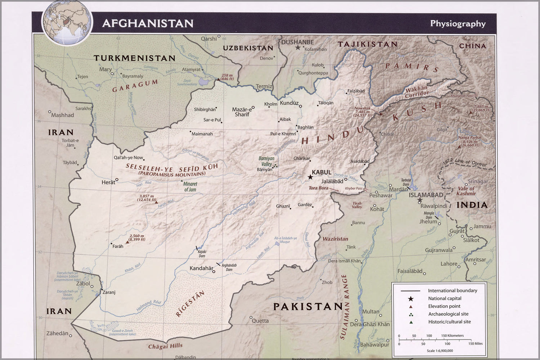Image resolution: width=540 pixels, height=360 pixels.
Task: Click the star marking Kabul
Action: [x=310, y=177]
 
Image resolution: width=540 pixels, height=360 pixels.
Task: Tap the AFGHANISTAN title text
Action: [x=148, y=23]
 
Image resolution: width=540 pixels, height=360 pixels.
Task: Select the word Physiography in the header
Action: [x=458, y=24]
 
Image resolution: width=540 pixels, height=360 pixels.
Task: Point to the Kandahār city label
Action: [x=201, y=268]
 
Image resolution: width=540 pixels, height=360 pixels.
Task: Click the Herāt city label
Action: [x=108, y=183]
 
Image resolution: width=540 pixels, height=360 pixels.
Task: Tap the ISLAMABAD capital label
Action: [x=426, y=195]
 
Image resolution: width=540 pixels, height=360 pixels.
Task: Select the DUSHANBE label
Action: [x=297, y=42]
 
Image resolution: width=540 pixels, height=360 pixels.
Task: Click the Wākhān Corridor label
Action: [x=417, y=92]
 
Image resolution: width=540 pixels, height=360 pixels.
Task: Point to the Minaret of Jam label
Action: [x=190, y=186]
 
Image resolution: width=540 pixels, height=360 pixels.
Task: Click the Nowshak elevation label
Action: [x=362, y=112]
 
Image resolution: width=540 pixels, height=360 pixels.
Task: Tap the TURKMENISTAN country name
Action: [x=134, y=58]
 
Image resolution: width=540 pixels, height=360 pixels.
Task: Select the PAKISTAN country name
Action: [x=308, y=306]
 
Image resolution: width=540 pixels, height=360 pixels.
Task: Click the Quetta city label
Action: [x=260, y=321]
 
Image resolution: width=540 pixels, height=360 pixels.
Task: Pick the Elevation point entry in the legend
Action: [x=444, y=306]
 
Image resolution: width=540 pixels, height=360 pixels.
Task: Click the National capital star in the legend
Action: [x=410, y=298]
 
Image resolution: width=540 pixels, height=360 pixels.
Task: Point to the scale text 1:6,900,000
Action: [x=439, y=351]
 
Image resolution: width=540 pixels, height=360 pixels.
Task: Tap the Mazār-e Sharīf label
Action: [x=242, y=112]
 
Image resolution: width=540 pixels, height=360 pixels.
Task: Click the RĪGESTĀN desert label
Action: [x=190, y=304]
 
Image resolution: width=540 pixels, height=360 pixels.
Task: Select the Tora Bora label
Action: [x=318, y=188]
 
